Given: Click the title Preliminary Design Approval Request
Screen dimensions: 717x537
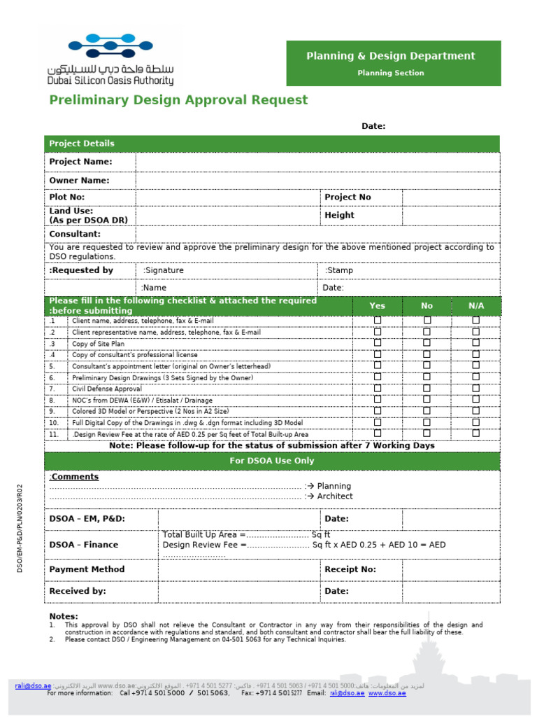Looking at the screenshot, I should pos(178,100).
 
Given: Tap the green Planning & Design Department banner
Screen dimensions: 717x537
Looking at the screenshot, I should pos(393,63).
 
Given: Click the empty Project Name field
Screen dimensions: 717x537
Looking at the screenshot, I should pos(317,162).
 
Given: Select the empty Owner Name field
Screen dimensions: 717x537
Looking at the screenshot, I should pos(317,181).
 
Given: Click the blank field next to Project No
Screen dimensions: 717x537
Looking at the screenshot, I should pos(450,197).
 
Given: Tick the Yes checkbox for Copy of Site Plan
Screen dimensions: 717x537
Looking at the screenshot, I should pos(378,343).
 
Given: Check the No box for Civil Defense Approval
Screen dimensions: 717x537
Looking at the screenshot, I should pos(427,388).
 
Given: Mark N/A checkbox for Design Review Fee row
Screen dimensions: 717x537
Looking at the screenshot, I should pos(476,433).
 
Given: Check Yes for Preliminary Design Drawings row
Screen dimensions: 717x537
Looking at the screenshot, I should pos(378,377).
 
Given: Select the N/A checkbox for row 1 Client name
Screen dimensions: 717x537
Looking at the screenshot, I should pos(476,320).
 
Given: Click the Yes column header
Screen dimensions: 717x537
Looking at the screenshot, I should pos(377,306).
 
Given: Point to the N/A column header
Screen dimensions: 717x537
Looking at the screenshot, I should pos(476,306).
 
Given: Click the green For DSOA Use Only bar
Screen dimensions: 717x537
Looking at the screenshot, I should pos(272,461).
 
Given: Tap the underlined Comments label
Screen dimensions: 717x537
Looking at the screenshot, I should pos(74,477).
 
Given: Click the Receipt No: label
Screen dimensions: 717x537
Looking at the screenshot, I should pos(350,569).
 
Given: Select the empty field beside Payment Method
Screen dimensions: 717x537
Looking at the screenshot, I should pos(239,569).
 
